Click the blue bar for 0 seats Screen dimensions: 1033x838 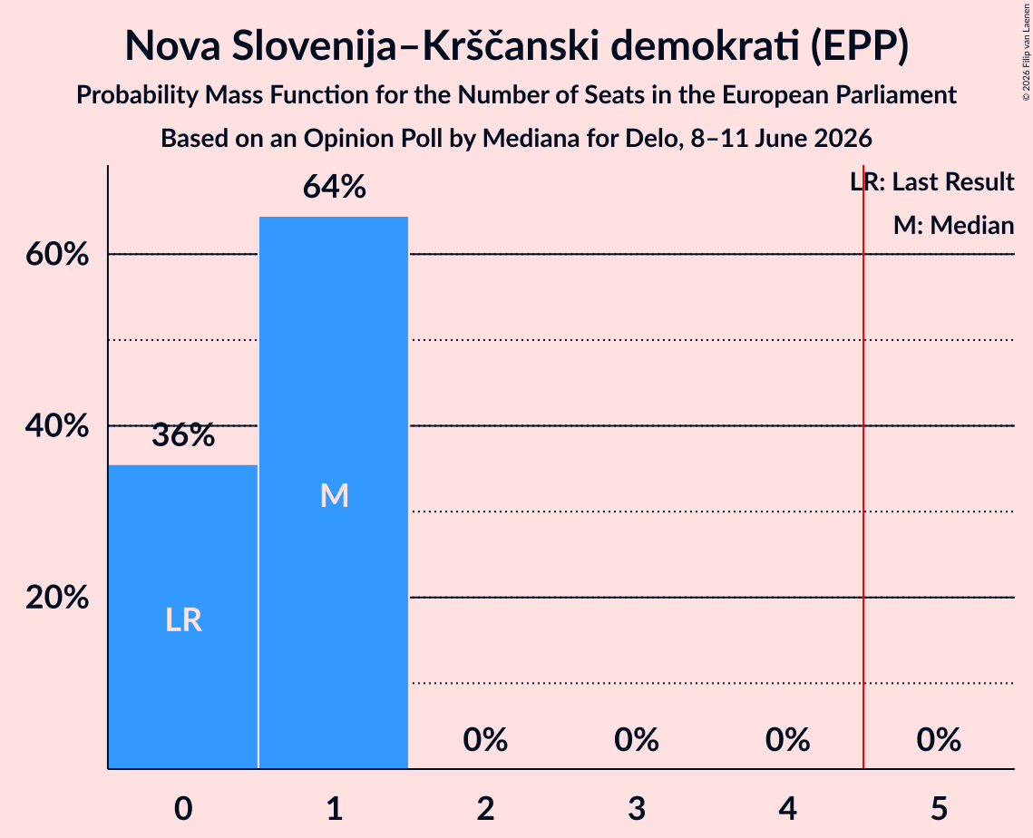pyautogui.click(x=183, y=617)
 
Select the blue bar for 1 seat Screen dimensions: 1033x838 pyautogui.click(x=334, y=492)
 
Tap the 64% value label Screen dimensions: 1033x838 pyautogui.click(x=334, y=187)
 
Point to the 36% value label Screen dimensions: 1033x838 pyautogui.click(x=183, y=434)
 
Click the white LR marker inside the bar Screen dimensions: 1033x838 pyautogui.click(x=183, y=620)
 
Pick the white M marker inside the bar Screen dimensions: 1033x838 pyautogui.click(x=334, y=495)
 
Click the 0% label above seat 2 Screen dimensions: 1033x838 pyautogui.click(x=485, y=740)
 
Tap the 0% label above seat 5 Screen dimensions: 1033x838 pyautogui.click(x=939, y=740)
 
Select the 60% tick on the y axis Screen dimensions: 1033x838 pyautogui.click(x=57, y=254)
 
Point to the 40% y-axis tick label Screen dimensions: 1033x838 pyautogui.click(x=57, y=425)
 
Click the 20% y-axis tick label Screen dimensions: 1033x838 pyautogui.click(x=57, y=598)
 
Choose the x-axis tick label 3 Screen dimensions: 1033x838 pyautogui.click(x=637, y=808)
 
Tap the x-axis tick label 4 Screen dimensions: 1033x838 pyautogui.click(x=788, y=808)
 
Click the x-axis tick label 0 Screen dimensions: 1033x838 pyautogui.click(x=183, y=808)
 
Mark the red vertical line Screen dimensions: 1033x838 pyautogui.click(x=863, y=466)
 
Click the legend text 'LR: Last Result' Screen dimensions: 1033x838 pyautogui.click(x=932, y=181)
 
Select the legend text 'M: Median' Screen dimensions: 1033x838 pyautogui.click(x=954, y=225)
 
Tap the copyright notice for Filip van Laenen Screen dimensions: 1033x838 pyautogui.click(x=1027, y=52)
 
